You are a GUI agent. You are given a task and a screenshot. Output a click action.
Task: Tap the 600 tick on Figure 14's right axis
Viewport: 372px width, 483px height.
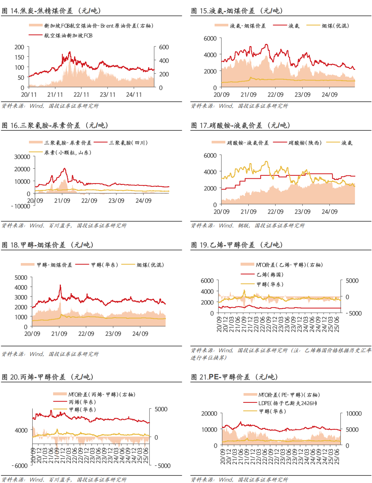[164, 47]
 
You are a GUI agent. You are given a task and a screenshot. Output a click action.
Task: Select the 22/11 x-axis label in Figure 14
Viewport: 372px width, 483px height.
[81, 95]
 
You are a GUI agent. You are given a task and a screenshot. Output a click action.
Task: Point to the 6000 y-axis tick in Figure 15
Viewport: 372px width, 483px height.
[210, 39]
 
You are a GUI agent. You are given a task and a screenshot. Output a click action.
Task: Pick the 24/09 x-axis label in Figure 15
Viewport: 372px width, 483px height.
[330, 95]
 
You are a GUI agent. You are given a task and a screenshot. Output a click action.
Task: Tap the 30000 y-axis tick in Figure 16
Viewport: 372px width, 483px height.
[22, 157]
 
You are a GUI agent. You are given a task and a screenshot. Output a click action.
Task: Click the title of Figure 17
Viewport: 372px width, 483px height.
[241, 125]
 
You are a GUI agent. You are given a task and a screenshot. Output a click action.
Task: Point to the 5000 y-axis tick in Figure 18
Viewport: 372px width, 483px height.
[21, 278]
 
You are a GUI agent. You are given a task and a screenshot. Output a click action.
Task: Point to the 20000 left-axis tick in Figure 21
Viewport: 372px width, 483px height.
[209, 414]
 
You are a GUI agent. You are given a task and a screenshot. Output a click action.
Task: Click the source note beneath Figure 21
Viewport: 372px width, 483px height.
[239, 480]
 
